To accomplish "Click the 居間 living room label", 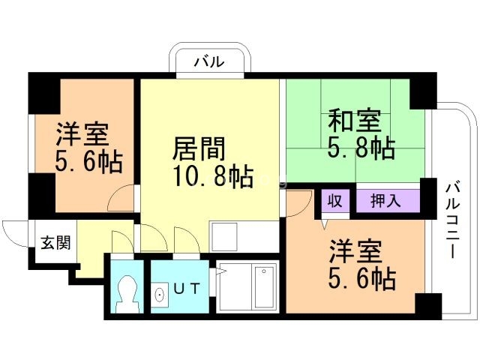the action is coord(199,148).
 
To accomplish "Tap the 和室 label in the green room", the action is coord(355,120).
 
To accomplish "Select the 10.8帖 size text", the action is coord(213,177).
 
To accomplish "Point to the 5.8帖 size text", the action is coord(361,148).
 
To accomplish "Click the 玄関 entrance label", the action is coord(55,242).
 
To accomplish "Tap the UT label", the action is coord(187,288).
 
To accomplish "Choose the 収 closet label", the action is coord(335,202).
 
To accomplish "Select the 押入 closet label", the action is coord(385,201).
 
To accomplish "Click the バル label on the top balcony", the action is coord(210,62).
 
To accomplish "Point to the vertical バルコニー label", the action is coord(452,220).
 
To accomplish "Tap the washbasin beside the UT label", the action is coord(160,295).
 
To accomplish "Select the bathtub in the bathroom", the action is coord(265,286).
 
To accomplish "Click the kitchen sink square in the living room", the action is coord(224,237).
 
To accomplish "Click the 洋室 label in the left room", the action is coord(82,134).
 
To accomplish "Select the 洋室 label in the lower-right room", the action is coord(355,252).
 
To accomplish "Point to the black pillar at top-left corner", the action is coord(44,93).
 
